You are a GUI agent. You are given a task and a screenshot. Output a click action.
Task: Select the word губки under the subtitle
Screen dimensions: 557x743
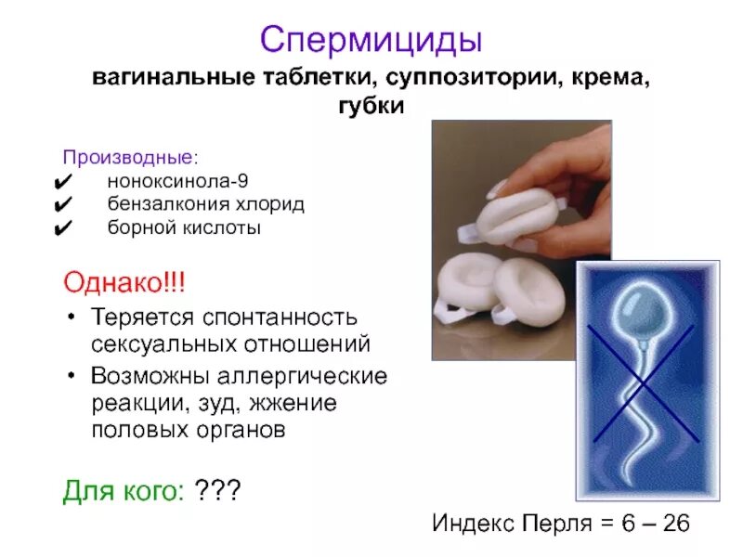(x=371, y=107)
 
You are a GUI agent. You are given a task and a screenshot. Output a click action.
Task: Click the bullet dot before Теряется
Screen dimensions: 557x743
(x=72, y=317)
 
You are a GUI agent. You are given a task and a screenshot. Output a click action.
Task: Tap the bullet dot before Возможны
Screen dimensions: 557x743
(x=72, y=379)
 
